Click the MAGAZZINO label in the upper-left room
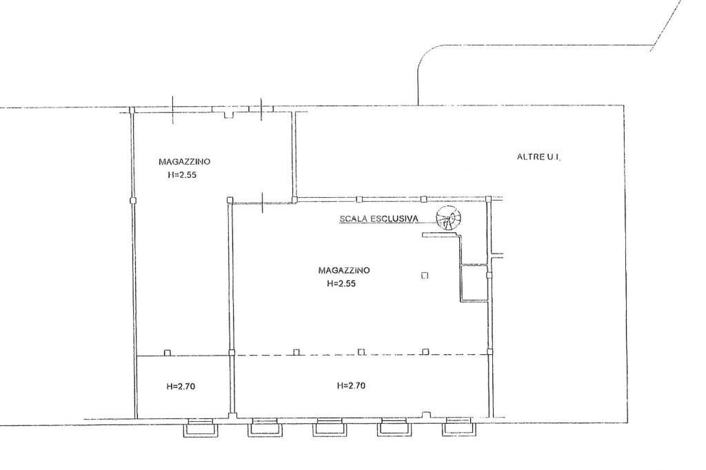184,161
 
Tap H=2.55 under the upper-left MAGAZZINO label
182,175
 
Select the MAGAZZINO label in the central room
344,270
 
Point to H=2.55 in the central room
341,284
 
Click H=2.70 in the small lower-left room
181,386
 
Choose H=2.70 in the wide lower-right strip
351,385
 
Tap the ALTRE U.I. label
539,157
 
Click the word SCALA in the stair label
353,218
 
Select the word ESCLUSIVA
394,218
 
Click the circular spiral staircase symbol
448,218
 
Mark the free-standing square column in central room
424,275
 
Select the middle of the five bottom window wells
329,427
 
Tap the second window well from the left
264,427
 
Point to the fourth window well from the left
394,427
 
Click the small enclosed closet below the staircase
474,283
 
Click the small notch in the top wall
229,114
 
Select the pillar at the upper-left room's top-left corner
132,110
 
